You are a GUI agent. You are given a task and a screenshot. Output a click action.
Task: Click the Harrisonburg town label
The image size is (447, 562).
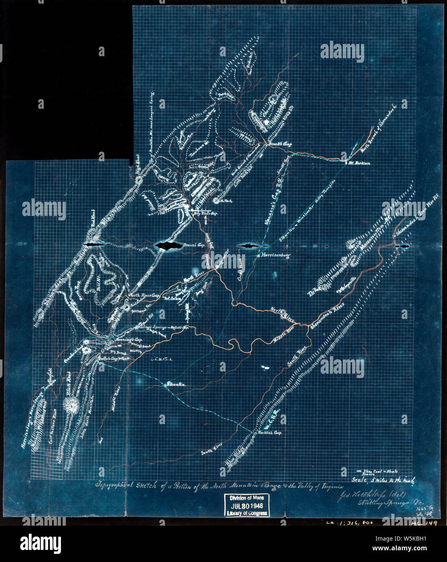[x=276, y=256]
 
